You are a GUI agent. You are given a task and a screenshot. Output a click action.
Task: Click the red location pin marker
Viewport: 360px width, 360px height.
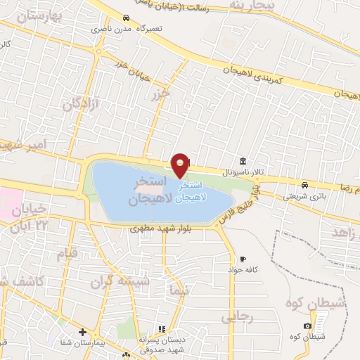click(x=181, y=165)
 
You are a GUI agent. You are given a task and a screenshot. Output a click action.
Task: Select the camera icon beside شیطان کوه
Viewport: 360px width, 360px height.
click(x=308, y=326)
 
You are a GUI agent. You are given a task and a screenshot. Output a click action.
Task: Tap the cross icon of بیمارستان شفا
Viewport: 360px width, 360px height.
click(x=82, y=332)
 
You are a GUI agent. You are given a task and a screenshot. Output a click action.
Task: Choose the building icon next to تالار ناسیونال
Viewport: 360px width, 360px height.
click(x=243, y=161)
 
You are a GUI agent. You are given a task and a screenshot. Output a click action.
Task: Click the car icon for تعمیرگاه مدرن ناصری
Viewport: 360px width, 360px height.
click(x=125, y=18)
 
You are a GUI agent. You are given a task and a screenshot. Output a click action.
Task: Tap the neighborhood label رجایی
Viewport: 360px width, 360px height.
click(x=237, y=318)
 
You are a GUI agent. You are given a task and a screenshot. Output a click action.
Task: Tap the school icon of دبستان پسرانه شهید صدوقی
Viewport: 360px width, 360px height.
click(x=161, y=329)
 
